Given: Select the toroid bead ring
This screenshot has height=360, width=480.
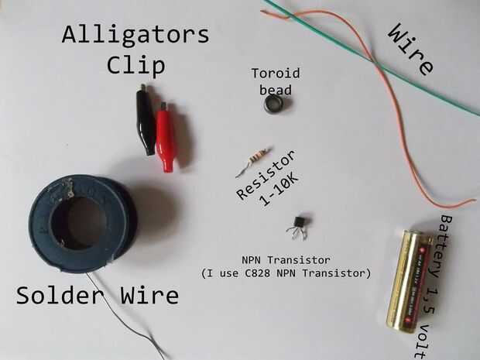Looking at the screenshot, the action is coord(273,104).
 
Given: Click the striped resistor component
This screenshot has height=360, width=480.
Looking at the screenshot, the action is coord(254,162).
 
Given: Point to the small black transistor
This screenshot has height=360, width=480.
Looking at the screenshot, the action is coord(298,226).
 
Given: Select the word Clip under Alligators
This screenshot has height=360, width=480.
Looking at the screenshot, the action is coord(136,65).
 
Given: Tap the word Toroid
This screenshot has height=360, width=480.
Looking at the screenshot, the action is coord(276,74).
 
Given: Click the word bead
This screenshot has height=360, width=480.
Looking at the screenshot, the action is coord(276,90).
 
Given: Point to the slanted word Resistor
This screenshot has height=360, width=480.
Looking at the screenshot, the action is coord(266,175).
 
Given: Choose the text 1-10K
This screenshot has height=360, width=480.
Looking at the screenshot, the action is coord(279,190).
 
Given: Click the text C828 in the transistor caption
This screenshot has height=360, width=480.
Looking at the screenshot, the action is coord(258,273).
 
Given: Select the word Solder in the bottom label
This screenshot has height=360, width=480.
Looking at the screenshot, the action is coord(60,295).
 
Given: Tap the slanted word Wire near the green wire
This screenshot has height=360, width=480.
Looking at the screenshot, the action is coord(411,50).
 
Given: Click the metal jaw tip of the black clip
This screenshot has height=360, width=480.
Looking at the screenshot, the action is coord(142,87).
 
